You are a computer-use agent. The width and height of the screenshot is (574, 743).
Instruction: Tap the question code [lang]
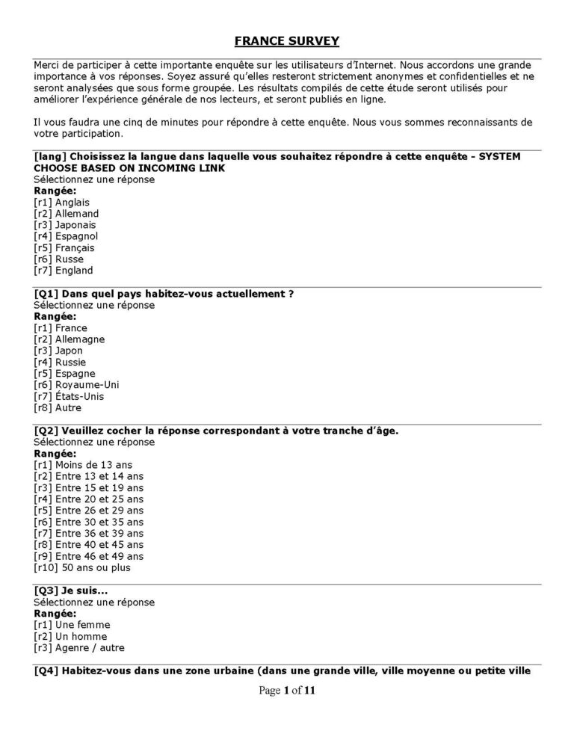point(49,156)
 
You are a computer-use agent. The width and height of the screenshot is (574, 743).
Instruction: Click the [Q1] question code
point(46,294)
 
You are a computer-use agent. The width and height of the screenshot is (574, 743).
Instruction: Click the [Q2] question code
point(46,431)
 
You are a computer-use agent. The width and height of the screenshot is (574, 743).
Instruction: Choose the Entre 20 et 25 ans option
point(89,499)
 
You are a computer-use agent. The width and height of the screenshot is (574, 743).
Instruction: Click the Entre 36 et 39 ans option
point(89,534)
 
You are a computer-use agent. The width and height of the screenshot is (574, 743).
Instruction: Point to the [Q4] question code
point(46,670)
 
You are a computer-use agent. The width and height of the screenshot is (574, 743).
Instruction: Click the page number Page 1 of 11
point(287,691)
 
